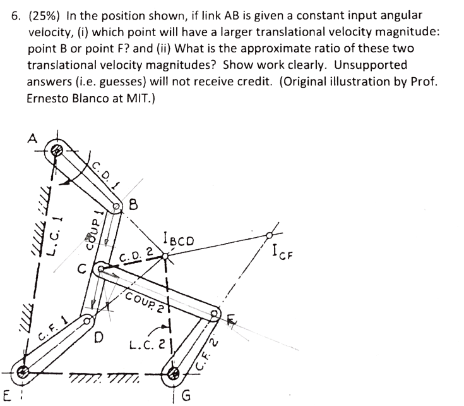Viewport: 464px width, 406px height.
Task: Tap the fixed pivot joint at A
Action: (x=57, y=151)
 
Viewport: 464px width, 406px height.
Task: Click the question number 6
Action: (x=16, y=15)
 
